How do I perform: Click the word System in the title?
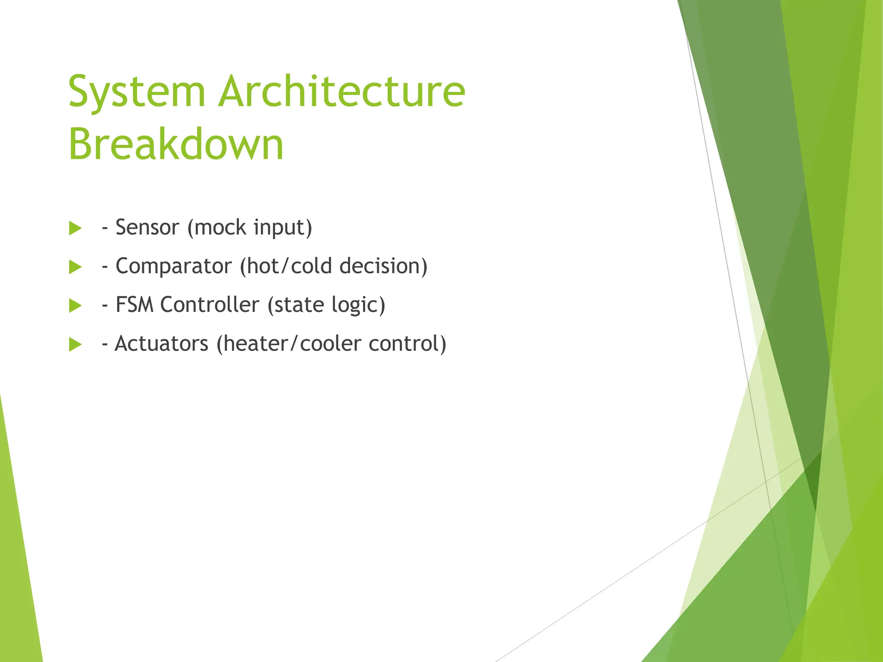(x=136, y=92)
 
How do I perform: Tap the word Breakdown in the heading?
(x=176, y=144)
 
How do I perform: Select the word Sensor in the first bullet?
(x=147, y=228)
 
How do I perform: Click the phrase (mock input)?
(x=250, y=228)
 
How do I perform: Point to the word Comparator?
(x=174, y=266)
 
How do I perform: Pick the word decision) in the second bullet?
(x=383, y=266)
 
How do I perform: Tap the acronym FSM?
(x=135, y=305)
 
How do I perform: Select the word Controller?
(x=210, y=305)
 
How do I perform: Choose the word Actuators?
(x=162, y=343)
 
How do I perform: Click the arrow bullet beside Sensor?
(x=75, y=228)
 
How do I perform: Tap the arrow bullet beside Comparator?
(x=75, y=267)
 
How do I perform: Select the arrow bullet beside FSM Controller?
(x=75, y=306)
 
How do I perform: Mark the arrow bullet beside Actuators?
(x=75, y=345)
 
